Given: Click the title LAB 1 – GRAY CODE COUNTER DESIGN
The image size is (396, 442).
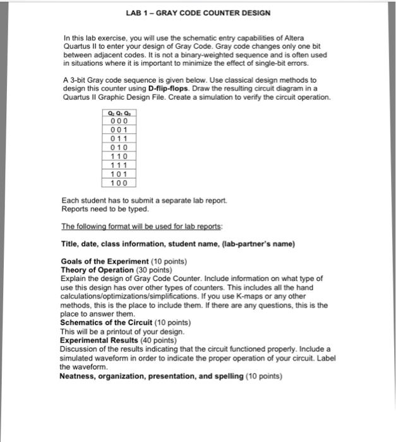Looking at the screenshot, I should tap(198, 13).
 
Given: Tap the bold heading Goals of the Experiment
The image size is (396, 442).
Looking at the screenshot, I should tap(105, 261).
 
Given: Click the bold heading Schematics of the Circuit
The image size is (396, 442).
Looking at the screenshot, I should tap(108, 323).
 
